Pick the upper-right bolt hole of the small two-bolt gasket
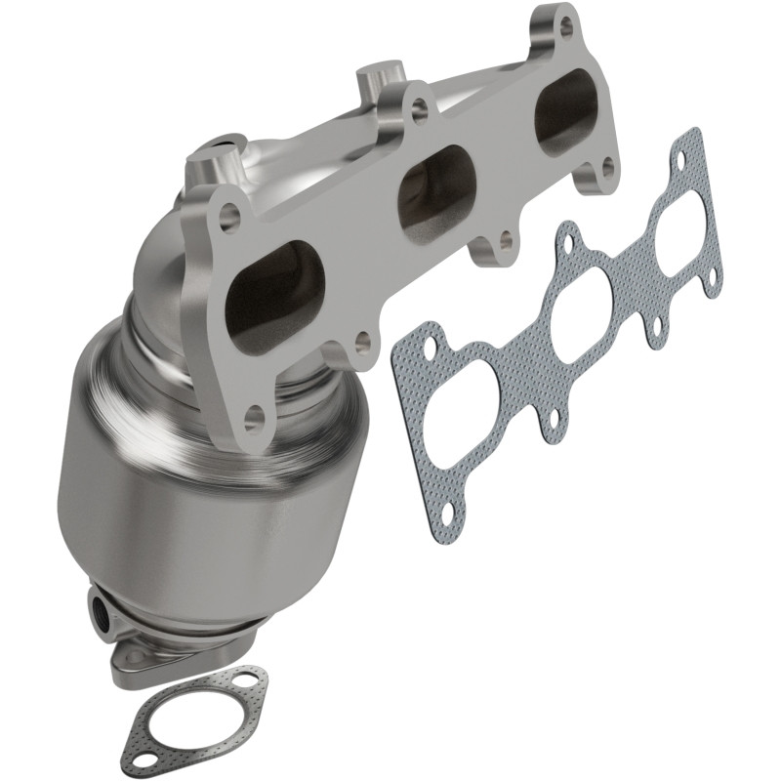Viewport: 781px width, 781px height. click(251, 681)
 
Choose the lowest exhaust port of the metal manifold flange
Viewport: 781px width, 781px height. click(274, 299)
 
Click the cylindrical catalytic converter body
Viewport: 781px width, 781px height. click(195, 488)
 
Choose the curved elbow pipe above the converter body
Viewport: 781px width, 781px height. click(171, 254)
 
